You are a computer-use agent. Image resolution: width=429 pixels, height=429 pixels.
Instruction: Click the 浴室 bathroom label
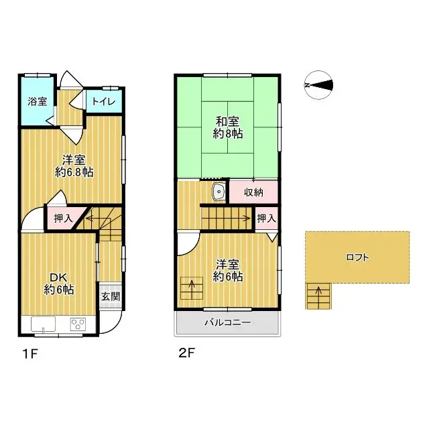point(38,102)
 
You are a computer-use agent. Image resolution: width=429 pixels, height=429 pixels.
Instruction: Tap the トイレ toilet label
point(103,102)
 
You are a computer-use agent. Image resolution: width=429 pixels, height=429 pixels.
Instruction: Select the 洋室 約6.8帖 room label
point(74,166)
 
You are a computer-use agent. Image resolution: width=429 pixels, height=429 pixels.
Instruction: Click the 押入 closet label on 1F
point(62,217)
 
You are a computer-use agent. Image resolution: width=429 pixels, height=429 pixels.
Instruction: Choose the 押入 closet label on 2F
point(266,218)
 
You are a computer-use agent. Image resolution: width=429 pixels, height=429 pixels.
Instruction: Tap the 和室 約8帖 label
point(229,127)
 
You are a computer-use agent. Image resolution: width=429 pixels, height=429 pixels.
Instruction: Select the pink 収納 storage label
point(253,192)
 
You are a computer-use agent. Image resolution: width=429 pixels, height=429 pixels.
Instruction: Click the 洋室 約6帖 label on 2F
point(228,269)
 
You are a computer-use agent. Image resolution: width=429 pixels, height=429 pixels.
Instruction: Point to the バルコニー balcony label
point(227,322)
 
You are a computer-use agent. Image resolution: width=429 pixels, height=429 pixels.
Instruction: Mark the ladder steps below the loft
point(318,296)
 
